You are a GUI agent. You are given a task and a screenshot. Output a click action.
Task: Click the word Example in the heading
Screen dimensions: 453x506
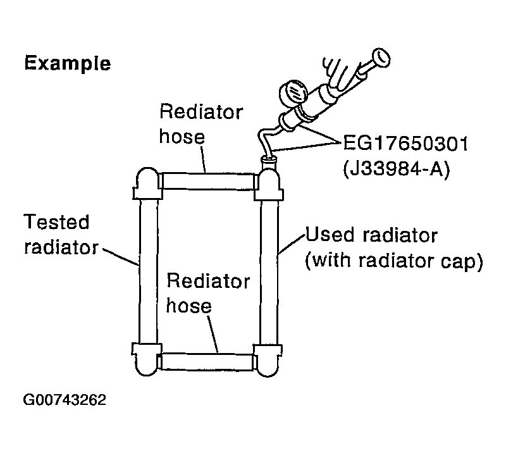click(67, 63)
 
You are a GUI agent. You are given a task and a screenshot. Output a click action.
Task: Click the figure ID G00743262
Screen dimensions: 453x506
click(65, 400)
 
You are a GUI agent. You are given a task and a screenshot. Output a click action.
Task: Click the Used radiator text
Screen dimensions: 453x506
click(371, 236)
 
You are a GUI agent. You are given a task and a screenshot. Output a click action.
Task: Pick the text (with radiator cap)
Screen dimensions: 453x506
click(393, 261)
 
